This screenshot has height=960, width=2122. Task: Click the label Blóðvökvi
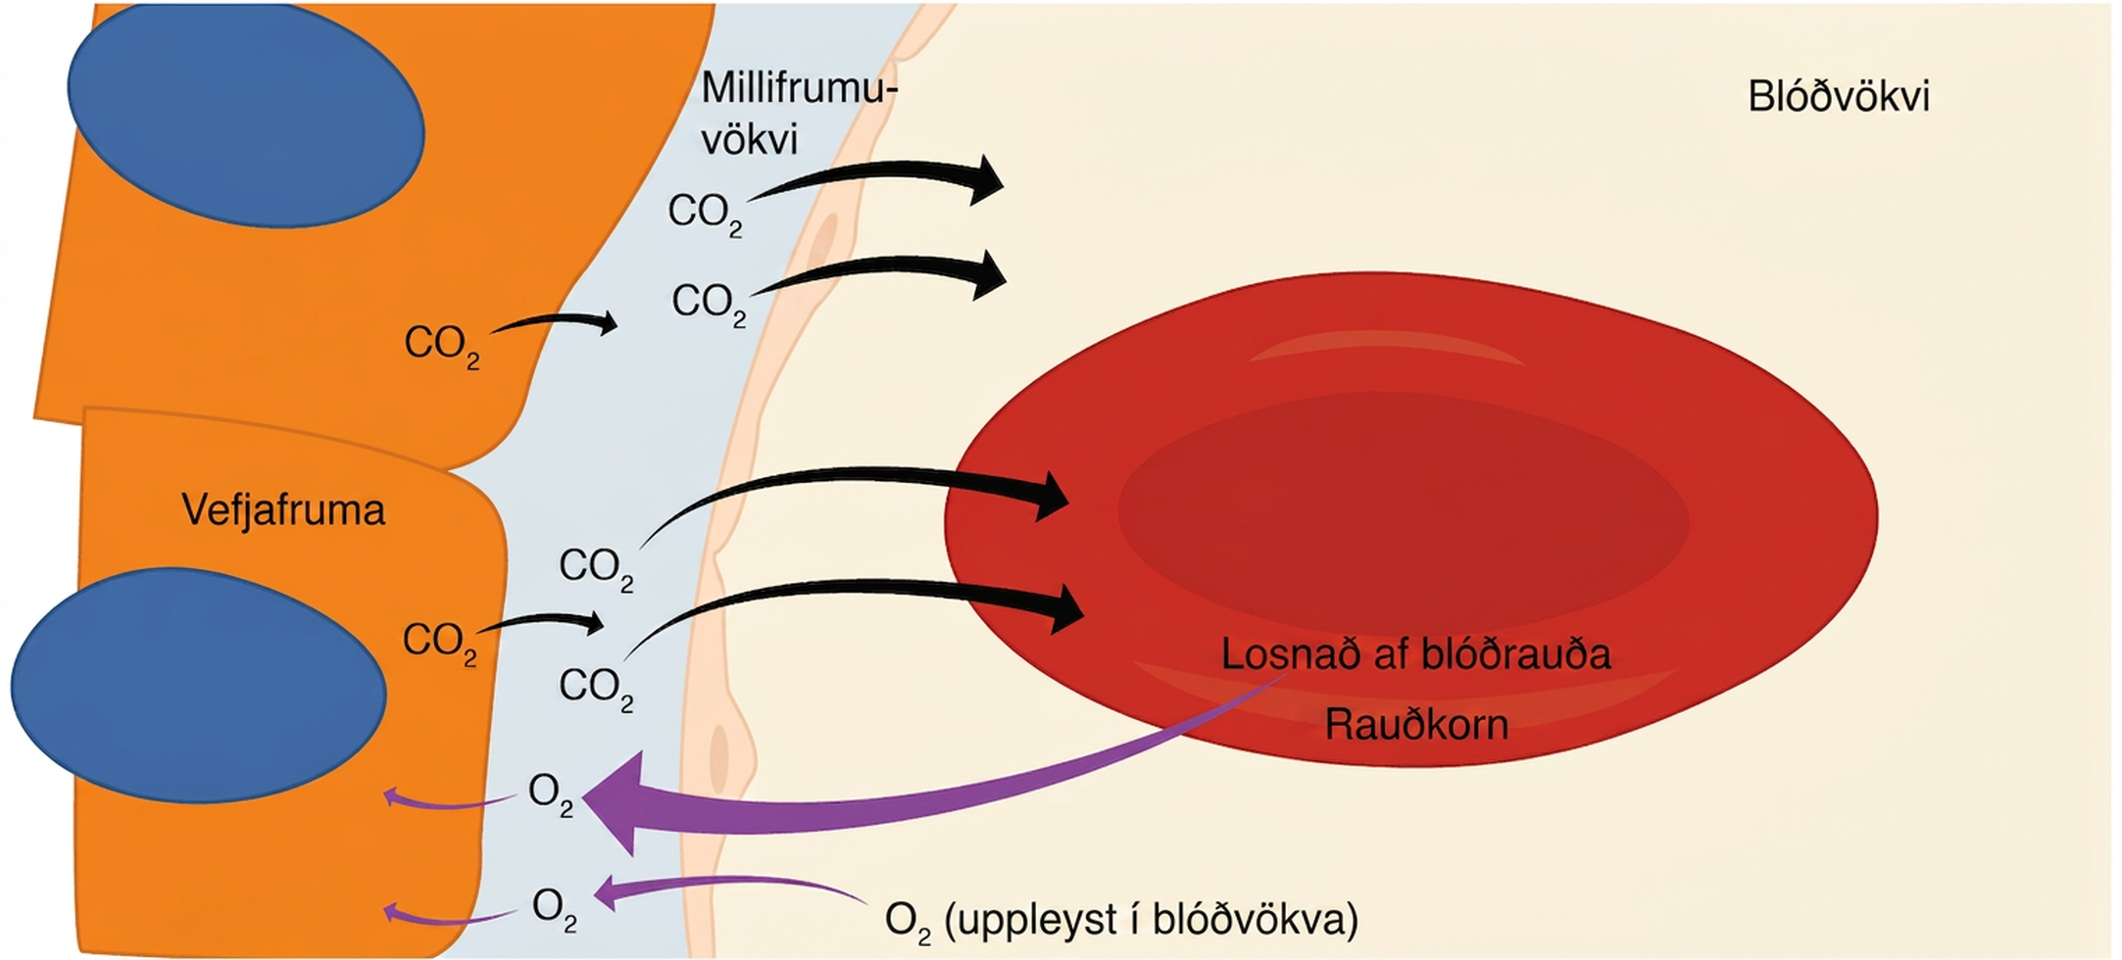coord(1839,98)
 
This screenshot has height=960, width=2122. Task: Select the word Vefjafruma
coord(283,510)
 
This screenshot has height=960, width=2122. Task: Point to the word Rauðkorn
coord(1416,725)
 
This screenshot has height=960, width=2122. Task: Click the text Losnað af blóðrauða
coord(1416,654)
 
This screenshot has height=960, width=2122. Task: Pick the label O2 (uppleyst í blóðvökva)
coord(1121,921)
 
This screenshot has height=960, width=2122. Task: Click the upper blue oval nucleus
coord(246,116)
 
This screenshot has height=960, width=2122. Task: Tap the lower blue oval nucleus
coord(199,686)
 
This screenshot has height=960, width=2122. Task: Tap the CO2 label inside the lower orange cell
coord(440,644)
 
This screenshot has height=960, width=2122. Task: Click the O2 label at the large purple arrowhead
coord(551,794)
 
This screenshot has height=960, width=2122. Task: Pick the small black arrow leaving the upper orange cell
coord(555,322)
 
